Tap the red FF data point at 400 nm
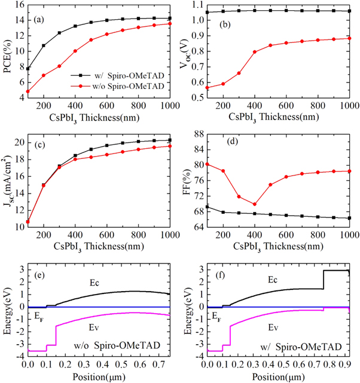pos(254,204)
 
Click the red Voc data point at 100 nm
pos(207,88)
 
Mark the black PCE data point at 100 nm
pos(28,69)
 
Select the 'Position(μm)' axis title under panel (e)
pos(97,376)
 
